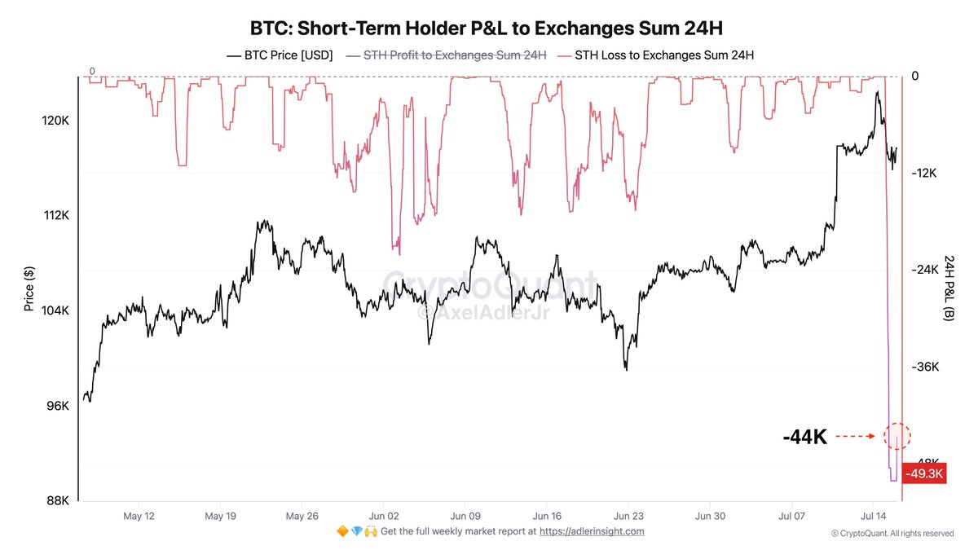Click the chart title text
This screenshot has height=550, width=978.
[x=487, y=29]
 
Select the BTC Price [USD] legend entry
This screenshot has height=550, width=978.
[x=280, y=55]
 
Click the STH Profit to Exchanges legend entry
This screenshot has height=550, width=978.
[x=446, y=55]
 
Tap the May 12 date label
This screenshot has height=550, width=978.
[x=139, y=517]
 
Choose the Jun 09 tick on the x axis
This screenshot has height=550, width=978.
[x=465, y=517]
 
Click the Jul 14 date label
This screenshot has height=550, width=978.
[x=873, y=517]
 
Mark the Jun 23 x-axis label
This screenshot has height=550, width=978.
[x=628, y=517]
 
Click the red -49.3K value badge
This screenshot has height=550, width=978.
[x=924, y=473]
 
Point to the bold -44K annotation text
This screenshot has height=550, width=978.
[x=805, y=438]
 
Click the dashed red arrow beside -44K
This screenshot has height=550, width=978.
[x=857, y=437]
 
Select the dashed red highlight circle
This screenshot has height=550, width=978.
[x=897, y=436]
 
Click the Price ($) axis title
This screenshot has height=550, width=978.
[x=29, y=289]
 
